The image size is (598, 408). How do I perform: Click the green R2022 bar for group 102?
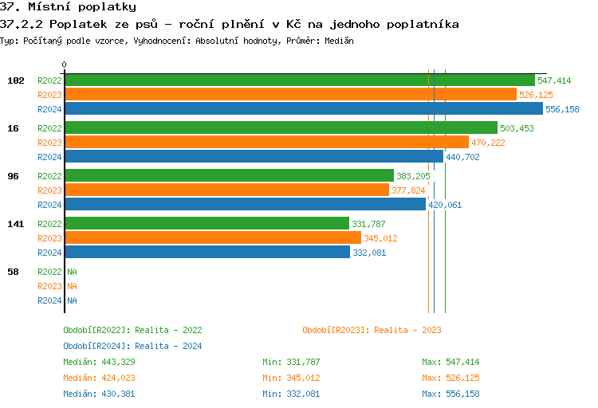point(299,80)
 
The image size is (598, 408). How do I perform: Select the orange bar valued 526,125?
point(290,95)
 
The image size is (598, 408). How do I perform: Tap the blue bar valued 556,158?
point(303,109)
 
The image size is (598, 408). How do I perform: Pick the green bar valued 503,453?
point(281,128)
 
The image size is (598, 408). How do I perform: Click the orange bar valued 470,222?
point(266,143)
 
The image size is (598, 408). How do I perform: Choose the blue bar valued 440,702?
point(254,157)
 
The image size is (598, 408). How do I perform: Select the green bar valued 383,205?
point(229,176)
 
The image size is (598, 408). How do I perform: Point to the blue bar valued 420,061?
point(245,205)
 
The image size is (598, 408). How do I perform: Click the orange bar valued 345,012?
point(213,238)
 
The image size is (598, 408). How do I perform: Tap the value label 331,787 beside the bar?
point(369,224)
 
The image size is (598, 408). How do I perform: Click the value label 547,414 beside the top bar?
point(554,80)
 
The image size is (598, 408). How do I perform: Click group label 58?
point(14,272)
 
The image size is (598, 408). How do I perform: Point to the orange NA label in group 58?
point(72,286)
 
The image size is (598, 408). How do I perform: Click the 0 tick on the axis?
point(65,65)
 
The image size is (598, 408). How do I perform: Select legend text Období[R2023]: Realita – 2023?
point(372,330)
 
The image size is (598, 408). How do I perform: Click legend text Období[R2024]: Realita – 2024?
point(132,346)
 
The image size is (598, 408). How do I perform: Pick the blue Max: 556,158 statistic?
point(450,394)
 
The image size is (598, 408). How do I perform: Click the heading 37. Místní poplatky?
point(68,7)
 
